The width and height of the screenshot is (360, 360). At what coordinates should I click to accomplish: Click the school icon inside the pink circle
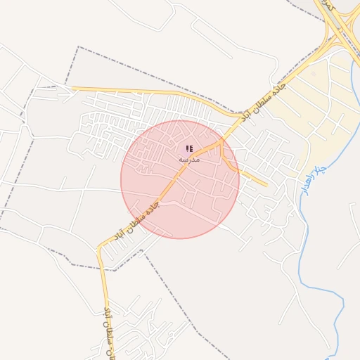pyautogui.click(x=188, y=148)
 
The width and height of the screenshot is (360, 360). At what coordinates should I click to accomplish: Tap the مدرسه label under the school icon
pyautogui.click(x=189, y=160)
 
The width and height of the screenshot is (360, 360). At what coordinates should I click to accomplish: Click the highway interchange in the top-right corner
pyautogui.click(x=337, y=35)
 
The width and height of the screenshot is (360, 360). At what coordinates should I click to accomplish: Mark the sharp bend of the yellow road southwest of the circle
pyautogui.click(x=101, y=247)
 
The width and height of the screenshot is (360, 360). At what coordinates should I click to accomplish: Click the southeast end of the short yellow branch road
pyautogui.click(x=265, y=185)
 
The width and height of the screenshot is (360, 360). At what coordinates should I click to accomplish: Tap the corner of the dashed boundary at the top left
pyautogui.click(x=77, y=47)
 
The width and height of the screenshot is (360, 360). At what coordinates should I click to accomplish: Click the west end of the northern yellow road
pyautogui.click(x=74, y=88)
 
